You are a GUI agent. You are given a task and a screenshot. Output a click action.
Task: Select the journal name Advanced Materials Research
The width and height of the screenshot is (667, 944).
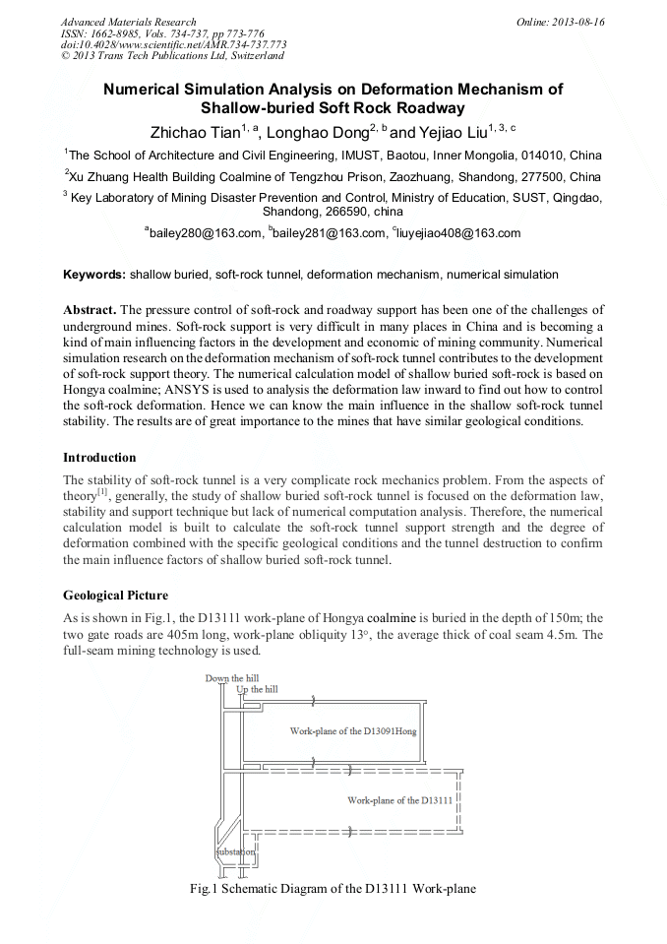[x=128, y=22]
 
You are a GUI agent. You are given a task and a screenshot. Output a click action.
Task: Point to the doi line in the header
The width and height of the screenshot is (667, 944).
[x=173, y=45]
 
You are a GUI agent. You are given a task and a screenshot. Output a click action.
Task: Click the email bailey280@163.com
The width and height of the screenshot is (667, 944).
[x=206, y=233]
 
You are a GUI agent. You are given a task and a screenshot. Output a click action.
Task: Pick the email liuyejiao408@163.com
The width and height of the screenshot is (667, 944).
[x=458, y=233]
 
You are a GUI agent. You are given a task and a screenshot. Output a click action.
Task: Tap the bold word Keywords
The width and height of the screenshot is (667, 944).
[x=94, y=275]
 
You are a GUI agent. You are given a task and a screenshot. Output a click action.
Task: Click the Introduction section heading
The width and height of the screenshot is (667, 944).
[x=99, y=458]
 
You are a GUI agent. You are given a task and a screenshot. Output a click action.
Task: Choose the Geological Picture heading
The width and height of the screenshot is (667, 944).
[x=115, y=596]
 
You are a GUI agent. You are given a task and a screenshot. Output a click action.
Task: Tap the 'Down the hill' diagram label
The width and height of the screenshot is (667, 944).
[x=231, y=678]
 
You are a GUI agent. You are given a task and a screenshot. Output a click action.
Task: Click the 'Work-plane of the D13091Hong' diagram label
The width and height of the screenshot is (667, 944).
[x=353, y=731]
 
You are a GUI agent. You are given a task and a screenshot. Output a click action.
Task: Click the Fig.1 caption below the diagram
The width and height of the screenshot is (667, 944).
[x=333, y=889]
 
